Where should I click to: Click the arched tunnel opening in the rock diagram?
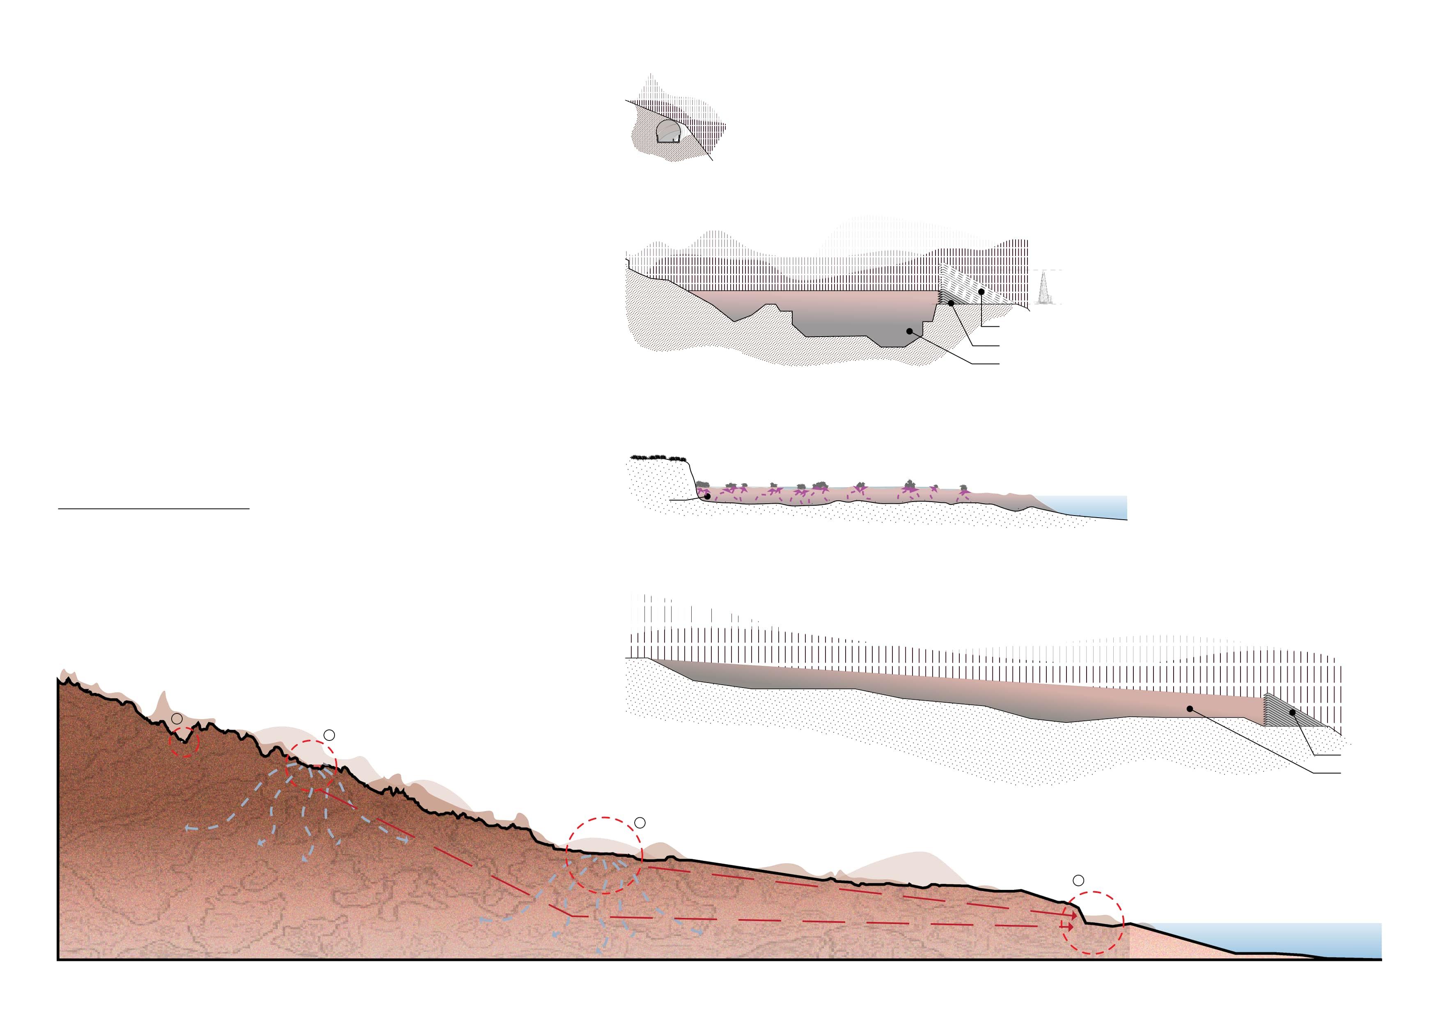click(669, 132)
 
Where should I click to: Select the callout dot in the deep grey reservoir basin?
click(909, 330)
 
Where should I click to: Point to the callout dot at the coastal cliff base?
click(707, 496)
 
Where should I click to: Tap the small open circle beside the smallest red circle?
click(177, 718)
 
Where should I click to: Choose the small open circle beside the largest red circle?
click(640, 822)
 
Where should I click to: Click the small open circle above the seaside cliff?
click(1078, 880)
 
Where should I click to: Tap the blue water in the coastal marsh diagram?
click(1091, 506)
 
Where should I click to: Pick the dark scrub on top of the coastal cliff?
click(656, 457)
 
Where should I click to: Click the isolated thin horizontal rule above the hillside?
click(154, 509)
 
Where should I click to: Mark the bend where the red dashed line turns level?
click(572, 916)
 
